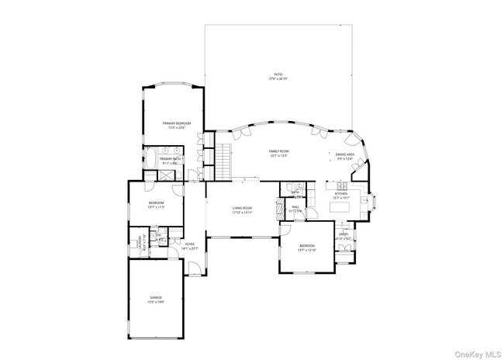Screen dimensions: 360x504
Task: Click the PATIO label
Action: [278, 74]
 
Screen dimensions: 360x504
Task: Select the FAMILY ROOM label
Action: [279, 151]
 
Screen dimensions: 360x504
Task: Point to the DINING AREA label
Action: [345, 154]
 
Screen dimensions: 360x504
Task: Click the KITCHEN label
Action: [342, 193]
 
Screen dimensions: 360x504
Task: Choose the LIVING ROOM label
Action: [243, 208]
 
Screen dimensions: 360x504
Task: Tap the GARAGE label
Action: [156, 297]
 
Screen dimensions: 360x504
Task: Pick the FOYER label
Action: [190, 244]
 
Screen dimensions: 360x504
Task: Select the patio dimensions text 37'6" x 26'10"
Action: [278, 79]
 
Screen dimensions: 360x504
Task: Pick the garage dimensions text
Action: [156, 302]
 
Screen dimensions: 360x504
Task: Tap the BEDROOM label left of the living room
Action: [157, 203]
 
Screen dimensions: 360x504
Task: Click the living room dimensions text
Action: [243, 213]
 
